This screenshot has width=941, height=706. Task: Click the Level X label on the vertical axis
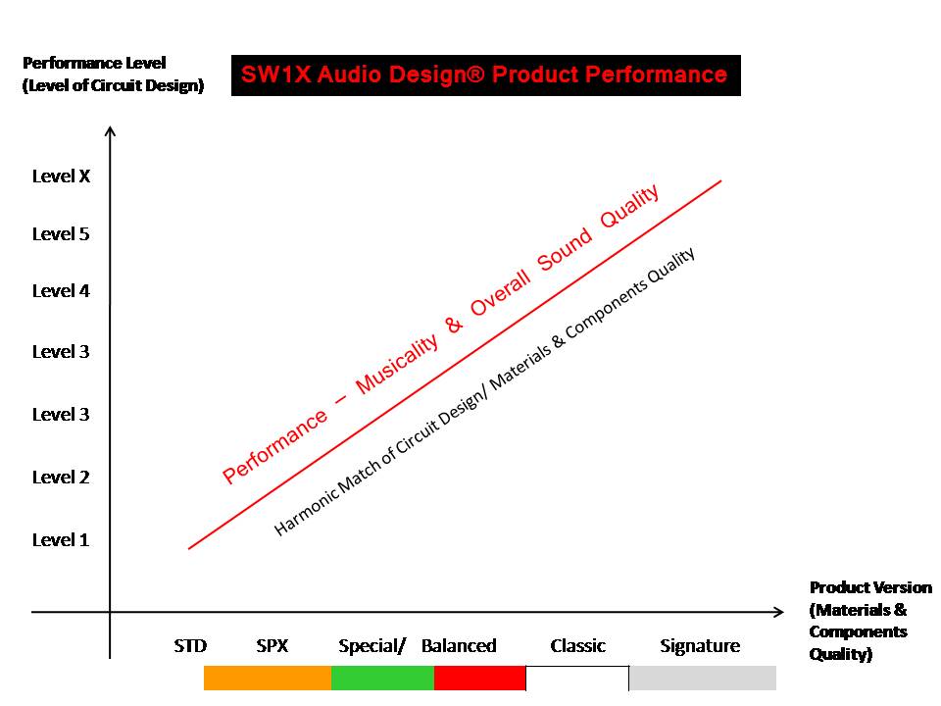(x=61, y=176)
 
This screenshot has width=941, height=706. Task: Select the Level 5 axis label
(x=61, y=233)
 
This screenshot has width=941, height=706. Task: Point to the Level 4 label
(x=61, y=290)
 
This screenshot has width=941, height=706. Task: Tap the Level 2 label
(x=61, y=477)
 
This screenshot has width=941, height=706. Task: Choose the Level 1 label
(x=61, y=539)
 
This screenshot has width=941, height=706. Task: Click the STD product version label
(x=190, y=646)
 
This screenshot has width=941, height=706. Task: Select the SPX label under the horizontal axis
(x=272, y=646)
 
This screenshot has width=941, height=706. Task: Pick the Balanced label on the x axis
(x=459, y=646)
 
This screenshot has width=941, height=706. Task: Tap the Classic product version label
(x=578, y=646)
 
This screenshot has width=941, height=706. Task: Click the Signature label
(x=700, y=646)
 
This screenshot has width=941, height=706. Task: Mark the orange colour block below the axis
(x=268, y=678)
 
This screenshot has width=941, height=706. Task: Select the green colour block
(x=383, y=678)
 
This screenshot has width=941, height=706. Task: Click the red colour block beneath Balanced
(x=480, y=678)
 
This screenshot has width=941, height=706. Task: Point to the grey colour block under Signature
(x=703, y=678)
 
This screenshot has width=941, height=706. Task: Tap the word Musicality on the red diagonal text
(x=397, y=364)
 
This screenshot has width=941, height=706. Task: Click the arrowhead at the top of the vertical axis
(x=110, y=131)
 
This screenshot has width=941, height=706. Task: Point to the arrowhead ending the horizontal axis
(x=778, y=612)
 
